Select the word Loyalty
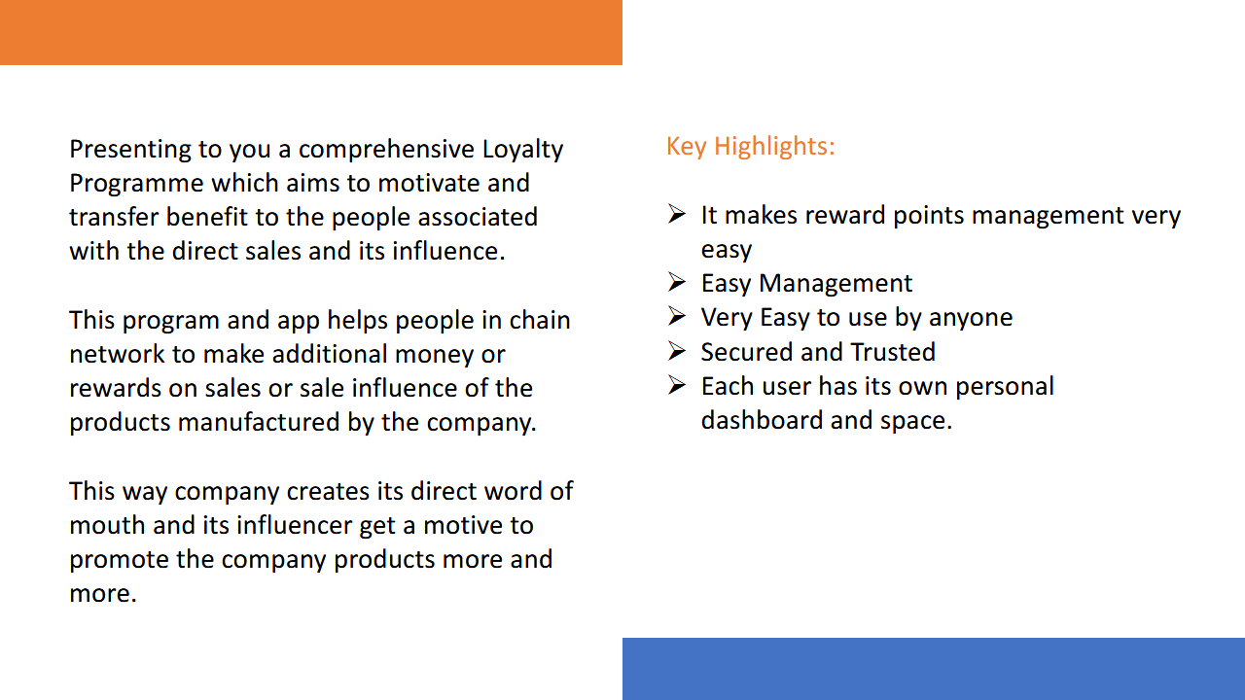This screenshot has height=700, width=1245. [x=522, y=150]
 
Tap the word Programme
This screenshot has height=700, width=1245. [x=136, y=184]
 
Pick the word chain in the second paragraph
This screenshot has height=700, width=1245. [x=540, y=320]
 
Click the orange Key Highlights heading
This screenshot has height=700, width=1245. [x=750, y=147]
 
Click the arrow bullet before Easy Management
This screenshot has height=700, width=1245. [x=676, y=282]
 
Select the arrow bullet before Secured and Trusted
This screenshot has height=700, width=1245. [x=676, y=351]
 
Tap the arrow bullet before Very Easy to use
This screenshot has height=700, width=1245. [x=676, y=316]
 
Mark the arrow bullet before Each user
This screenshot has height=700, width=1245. [x=676, y=385]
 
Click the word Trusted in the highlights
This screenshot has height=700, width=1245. [x=893, y=352]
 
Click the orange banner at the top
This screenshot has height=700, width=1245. [x=311, y=32]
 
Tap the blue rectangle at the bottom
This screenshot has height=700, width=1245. [x=934, y=669]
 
